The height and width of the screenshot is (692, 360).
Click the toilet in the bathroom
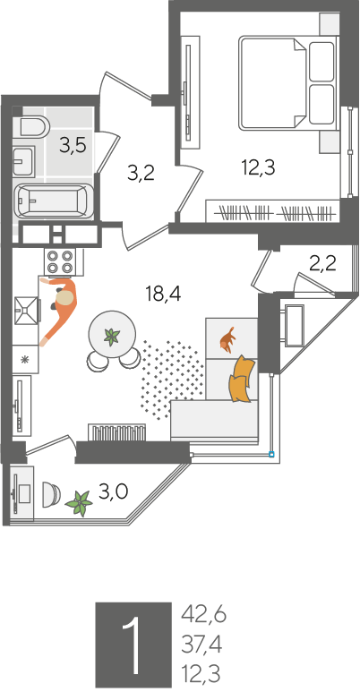34,126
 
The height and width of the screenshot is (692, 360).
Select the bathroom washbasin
23,161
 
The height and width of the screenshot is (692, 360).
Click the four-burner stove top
60,261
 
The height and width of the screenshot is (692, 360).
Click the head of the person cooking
65,298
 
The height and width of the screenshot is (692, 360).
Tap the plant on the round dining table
111,337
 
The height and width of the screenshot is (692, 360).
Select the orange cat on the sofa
228,340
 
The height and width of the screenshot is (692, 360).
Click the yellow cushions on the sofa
242,379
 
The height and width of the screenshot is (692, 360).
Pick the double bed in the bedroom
288,83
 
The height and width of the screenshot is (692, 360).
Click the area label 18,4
164,294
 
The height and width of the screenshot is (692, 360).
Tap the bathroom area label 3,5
73,145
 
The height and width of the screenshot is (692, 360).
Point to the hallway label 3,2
141,174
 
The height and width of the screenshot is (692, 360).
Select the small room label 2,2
322,264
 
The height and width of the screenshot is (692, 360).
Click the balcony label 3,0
113,491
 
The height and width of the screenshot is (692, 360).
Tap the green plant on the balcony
79,503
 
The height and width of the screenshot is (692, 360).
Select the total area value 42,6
203,615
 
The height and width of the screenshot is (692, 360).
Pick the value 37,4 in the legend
201,645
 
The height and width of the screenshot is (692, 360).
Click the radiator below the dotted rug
117,432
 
